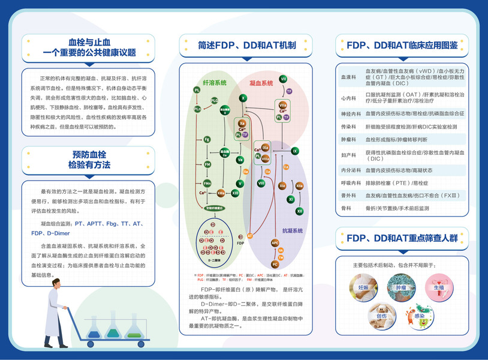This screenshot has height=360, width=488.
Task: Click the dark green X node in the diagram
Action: click(x=243, y=98)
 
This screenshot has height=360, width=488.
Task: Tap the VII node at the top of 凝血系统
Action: click(x=283, y=79)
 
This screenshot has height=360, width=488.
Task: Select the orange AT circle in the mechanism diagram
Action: click(x=250, y=236)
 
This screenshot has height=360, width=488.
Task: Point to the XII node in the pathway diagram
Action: click(x=299, y=211)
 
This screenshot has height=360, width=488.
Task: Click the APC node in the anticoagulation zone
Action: click(x=275, y=243)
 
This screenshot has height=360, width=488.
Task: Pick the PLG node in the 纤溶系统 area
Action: click(x=215, y=101)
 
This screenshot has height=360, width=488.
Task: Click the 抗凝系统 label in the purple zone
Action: click(x=292, y=230)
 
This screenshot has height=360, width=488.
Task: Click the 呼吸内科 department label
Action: click(x=348, y=182)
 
